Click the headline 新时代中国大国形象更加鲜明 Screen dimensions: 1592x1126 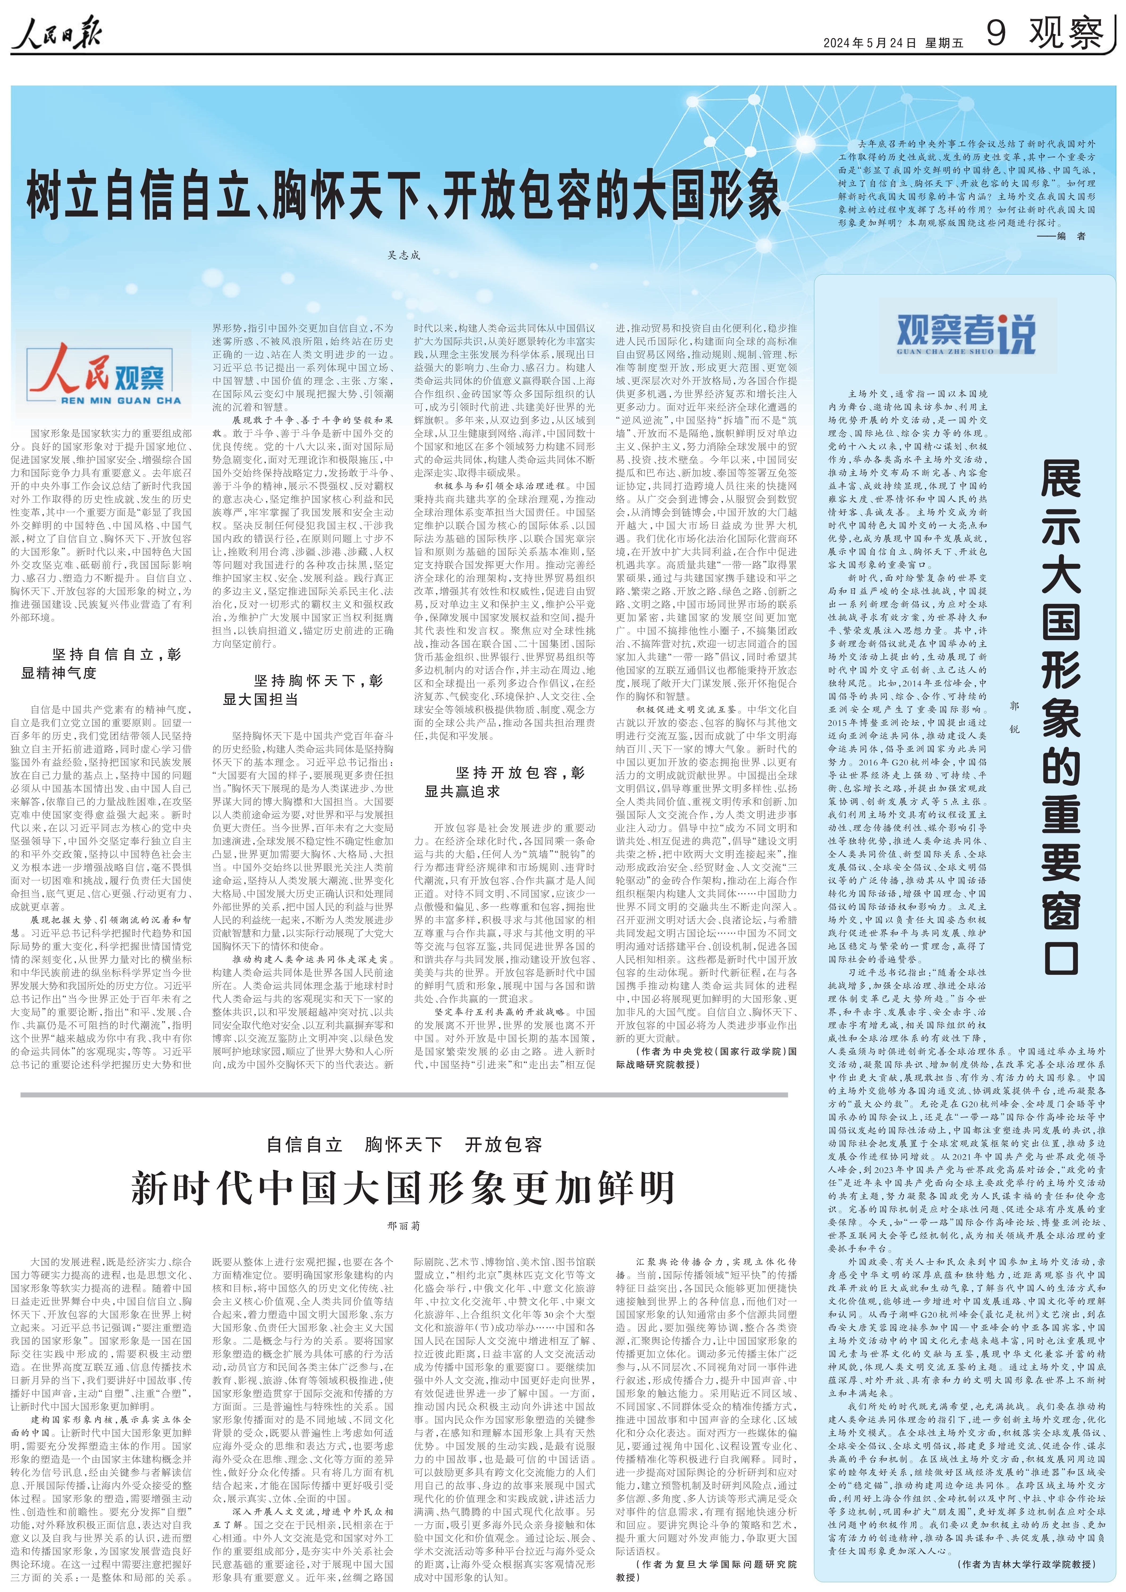click(403, 1188)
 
